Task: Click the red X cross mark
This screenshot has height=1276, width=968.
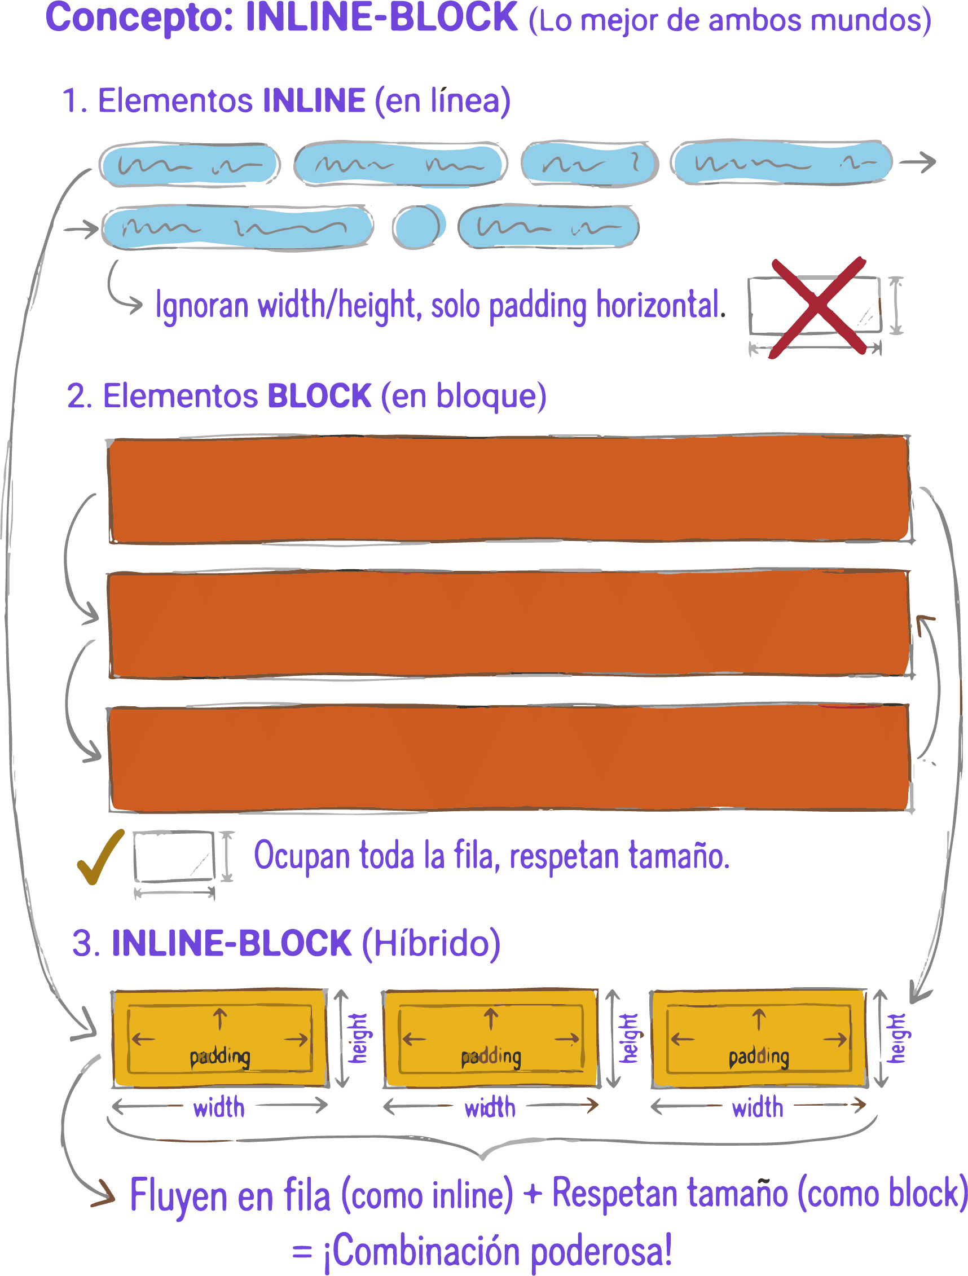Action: point(818,306)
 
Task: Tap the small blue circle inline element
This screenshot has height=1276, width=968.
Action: point(419,226)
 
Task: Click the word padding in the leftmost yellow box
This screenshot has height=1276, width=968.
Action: point(220,1057)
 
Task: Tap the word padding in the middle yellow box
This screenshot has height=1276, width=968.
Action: point(491,1057)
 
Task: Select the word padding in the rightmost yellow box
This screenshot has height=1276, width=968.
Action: point(759,1057)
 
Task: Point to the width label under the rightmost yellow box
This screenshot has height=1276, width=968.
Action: point(758,1107)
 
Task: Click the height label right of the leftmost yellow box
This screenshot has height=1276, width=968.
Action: point(359,1039)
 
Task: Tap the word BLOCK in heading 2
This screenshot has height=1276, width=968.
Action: point(319,397)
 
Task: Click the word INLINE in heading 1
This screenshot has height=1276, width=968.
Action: point(314,100)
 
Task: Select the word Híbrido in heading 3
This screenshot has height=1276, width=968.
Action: point(432,944)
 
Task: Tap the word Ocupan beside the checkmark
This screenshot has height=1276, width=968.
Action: point(301,856)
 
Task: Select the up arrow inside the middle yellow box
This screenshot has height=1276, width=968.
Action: point(491,1019)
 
